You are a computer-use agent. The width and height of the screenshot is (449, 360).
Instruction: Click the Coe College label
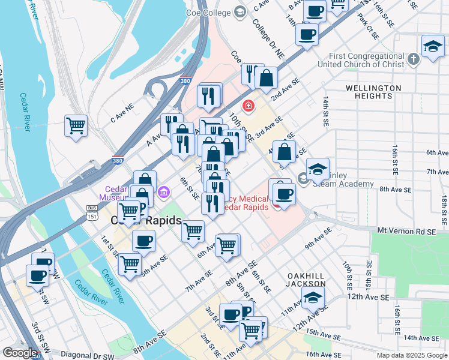point(209,11)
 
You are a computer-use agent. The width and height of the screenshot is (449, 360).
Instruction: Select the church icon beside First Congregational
point(413,59)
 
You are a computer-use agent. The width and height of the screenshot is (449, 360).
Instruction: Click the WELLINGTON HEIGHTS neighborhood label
point(373,92)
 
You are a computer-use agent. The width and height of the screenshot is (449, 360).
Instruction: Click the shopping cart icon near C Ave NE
point(76,126)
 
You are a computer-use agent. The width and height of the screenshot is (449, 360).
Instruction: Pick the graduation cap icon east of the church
point(433,46)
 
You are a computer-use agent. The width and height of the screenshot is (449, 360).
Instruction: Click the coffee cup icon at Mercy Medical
point(283,193)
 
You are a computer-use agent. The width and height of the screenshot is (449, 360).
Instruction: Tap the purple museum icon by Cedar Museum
point(164,194)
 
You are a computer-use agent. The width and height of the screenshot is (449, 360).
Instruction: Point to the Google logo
point(20,353)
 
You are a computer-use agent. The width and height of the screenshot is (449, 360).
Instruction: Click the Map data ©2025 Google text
point(411,355)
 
